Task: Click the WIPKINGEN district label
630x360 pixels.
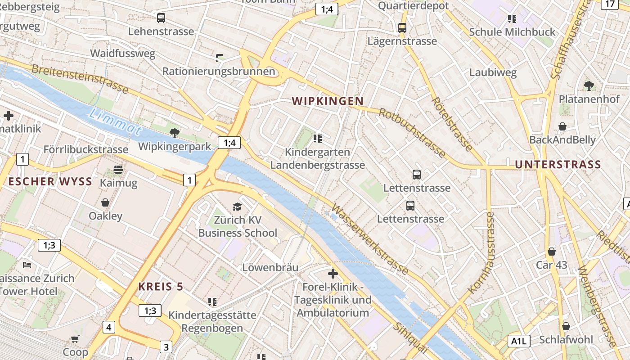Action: tap(328, 101)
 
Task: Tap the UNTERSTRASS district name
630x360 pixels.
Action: tap(558, 165)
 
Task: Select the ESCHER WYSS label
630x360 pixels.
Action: tap(50, 182)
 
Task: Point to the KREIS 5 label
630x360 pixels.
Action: tap(161, 287)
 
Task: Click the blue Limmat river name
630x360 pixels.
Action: tap(116, 122)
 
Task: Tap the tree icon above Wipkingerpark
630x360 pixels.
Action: tap(175, 133)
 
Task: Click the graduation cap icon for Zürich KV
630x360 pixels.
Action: tap(237, 207)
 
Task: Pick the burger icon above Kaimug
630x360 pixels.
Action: tap(118, 170)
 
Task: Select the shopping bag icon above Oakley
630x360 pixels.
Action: tap(105, 202)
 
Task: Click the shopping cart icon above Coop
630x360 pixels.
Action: tap(75, 339)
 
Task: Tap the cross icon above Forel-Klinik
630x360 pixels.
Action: tap(333, 273)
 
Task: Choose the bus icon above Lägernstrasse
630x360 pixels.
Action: tap(402, 28)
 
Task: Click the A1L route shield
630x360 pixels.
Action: tap(518, 341)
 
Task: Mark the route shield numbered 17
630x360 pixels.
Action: tap(610, 4)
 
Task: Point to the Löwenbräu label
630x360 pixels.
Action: tap(270, 267)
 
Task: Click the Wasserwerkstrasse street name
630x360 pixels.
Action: tap(370, 239)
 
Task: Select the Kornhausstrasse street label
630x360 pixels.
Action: tap(481, 253)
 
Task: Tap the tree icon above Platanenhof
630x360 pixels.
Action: tap(589, 85)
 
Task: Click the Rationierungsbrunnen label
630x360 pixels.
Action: tap(218, 71)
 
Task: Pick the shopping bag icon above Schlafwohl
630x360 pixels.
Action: tap(566, 326)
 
